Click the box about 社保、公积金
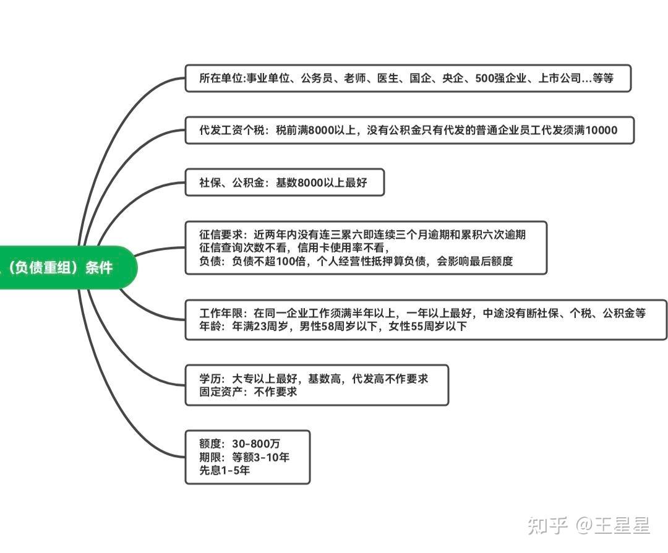(x=284, y=182)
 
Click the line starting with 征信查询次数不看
(x=294, y=248)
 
